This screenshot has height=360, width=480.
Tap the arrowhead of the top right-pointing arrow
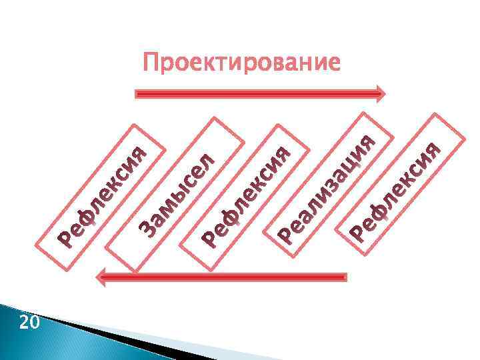tap(380, 93)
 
